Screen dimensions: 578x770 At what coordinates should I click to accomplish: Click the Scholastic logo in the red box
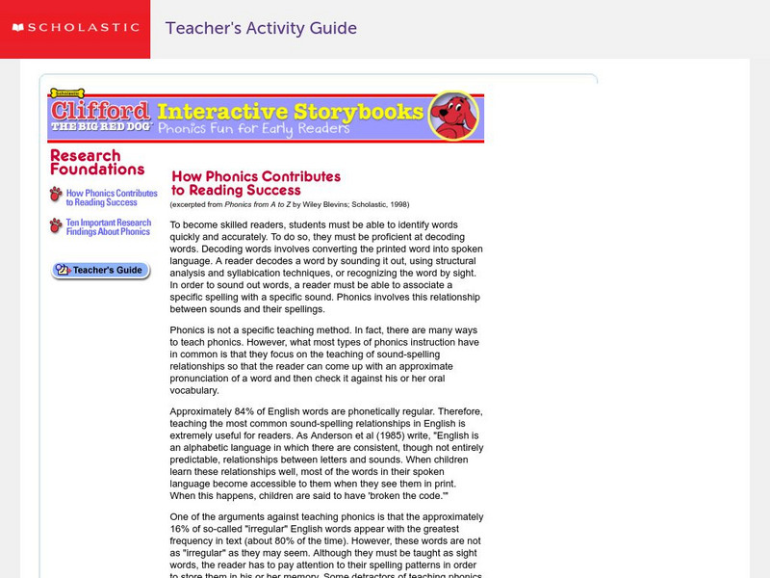(74, 28)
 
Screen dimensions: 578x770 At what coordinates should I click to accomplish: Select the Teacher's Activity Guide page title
(261, 28)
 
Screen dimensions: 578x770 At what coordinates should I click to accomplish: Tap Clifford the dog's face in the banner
(452, 117)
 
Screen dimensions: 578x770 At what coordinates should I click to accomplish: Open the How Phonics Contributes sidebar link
(112, 197)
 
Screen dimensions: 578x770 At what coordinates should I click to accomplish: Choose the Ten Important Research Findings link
(108, 227)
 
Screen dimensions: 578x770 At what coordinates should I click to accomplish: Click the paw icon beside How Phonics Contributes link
(56, 195)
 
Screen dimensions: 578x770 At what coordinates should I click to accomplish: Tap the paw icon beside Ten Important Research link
(56, 225)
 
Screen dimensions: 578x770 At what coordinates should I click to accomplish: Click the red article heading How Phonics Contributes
(255, 183)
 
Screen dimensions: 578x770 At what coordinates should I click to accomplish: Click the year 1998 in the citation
(398, 205)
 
